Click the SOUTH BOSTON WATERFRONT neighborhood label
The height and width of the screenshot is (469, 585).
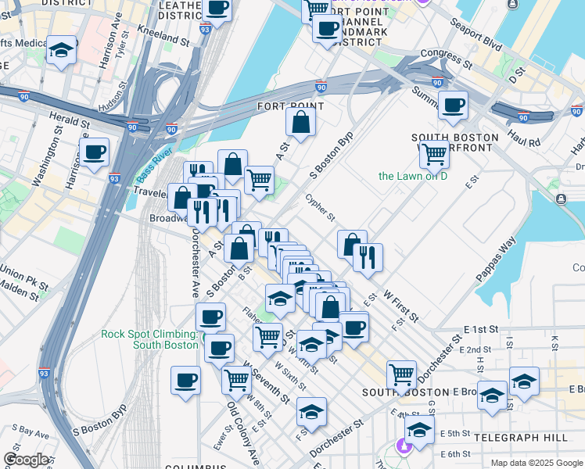[455, 143]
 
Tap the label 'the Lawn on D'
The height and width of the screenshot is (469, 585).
[412, 176]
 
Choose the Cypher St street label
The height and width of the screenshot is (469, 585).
[320, 207]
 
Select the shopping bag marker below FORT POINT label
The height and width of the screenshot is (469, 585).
[300, 121]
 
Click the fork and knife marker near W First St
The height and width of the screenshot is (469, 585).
[367, 256]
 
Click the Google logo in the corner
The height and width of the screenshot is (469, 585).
[26, 460]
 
